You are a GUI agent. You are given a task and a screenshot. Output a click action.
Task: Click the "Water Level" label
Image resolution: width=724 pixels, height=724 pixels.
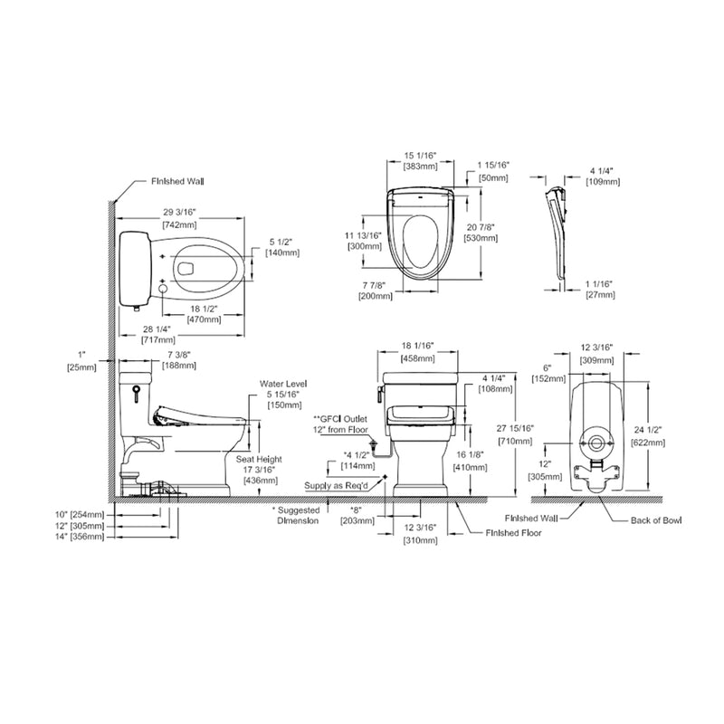coord(278,384)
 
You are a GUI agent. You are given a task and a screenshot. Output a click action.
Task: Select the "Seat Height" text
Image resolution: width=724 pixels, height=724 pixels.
coord(260,460)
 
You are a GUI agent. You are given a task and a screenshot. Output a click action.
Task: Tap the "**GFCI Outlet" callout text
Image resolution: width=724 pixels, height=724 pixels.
coord(340,420)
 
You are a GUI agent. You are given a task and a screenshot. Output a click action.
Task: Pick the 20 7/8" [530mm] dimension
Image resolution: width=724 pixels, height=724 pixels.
coord(480,232)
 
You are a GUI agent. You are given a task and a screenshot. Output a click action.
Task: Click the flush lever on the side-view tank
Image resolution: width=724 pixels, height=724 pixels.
coord(134,393)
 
